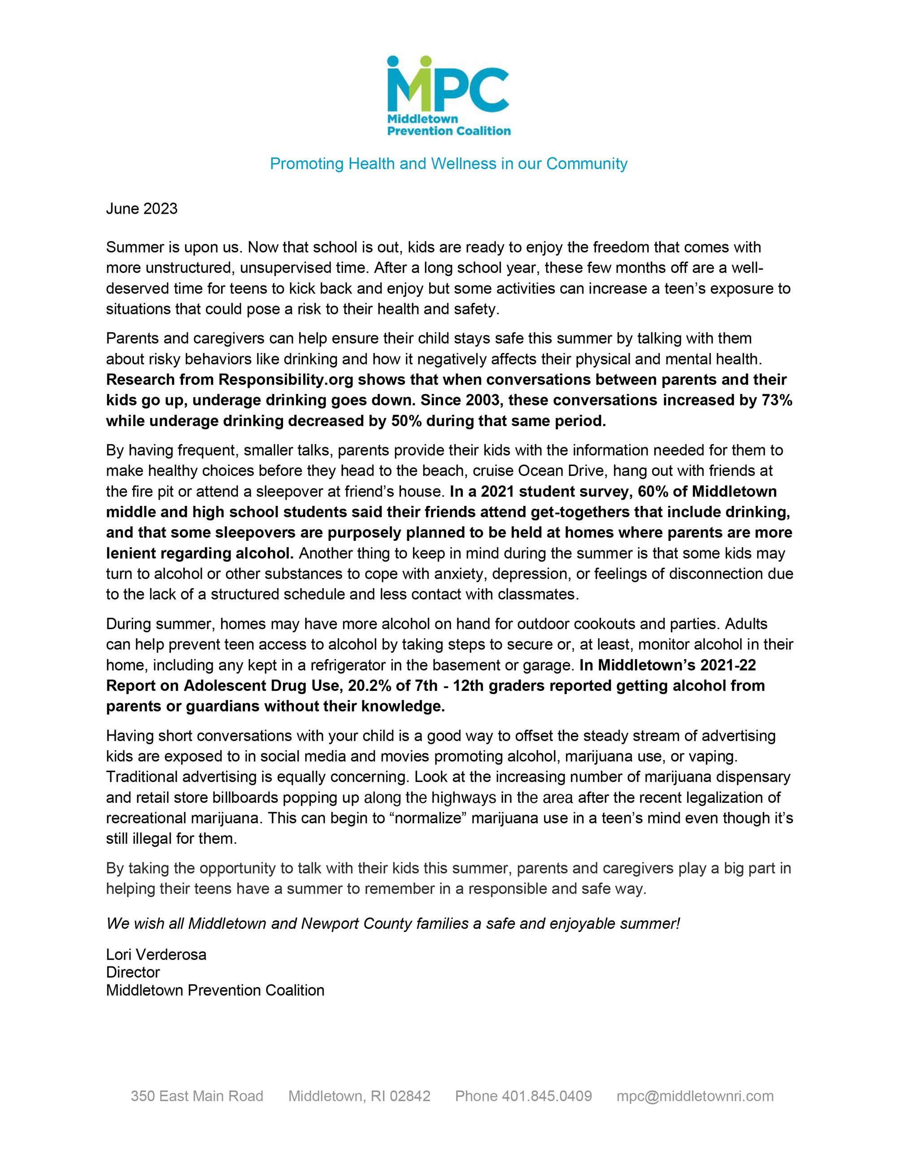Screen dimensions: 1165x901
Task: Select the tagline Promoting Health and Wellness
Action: coord(448,163)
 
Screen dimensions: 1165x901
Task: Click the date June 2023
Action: coord(141,208)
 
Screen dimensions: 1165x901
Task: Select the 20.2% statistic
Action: coord(370,686)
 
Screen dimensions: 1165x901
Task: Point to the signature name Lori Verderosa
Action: coord(156,954)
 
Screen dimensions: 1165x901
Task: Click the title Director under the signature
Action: coord(133,972)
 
